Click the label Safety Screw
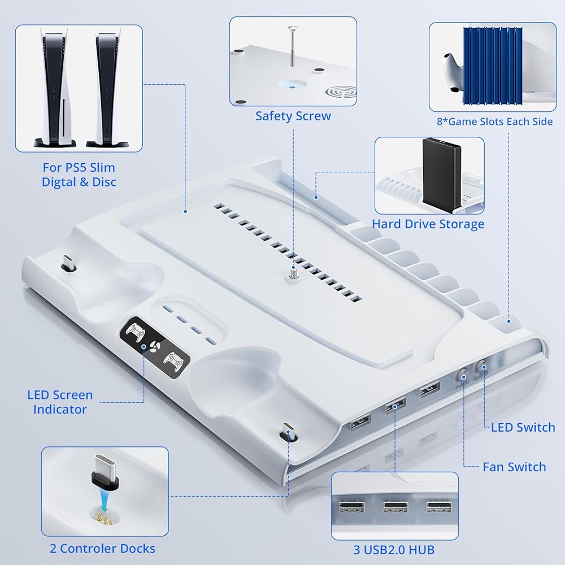pyautogui.click(x=293, y=116)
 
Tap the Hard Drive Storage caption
pyautogui.click(x=428, y=224)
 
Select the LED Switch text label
pyautogui.click(x=523, y=427)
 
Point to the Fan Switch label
pyautogui.click(x=514, y=467)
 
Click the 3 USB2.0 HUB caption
pyautogui.click(x=394, y=549)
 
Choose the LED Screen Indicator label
pyautogui.click(x=59, y=402)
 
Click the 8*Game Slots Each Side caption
pyautogui.click(x=494, y=121)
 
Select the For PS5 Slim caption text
pyautogui.click(x=79, y=168)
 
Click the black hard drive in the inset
pyautogui.click(x=441, y=173)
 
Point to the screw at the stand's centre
pyautogui.click(x=293, y=272)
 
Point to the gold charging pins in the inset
pyautogui.click(x=103, y=514)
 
